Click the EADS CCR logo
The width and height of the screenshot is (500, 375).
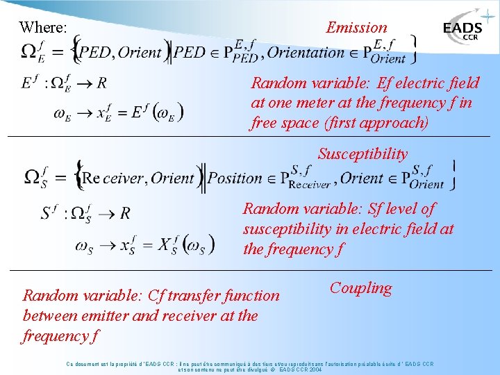463,31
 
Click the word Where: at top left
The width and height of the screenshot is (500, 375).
43,28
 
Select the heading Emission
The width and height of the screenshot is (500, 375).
356,28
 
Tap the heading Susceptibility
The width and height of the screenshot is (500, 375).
362,153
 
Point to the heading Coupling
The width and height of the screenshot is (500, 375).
360,287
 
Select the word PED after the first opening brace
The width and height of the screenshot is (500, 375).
94,52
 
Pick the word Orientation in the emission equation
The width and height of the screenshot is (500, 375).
306,52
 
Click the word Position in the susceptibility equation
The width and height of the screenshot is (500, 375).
235,178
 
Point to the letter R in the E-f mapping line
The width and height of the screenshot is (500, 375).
101,83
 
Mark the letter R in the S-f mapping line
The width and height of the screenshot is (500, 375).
125,212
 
